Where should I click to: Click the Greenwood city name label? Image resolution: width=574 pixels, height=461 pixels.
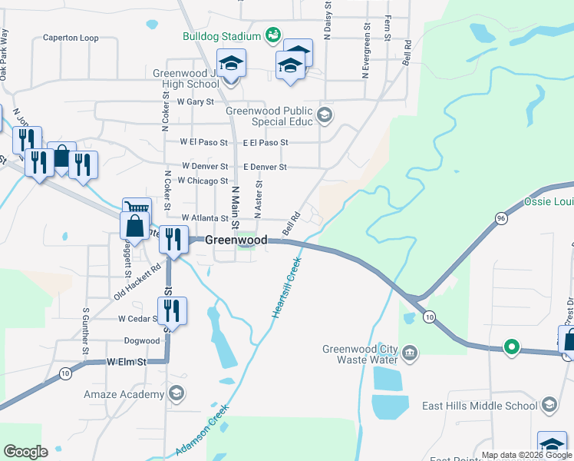click(x=236, y=240)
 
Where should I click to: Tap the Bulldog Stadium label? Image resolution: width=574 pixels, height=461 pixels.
click(x=221, y=36)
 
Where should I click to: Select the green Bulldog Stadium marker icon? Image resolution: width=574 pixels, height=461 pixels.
click(x=272, y=35)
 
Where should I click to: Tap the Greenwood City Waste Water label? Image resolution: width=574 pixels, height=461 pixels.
click(x=360, y=353)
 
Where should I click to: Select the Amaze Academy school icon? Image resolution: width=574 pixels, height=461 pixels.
click(x=177, y=394)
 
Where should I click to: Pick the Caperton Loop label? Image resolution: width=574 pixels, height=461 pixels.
click(x=71, y=37)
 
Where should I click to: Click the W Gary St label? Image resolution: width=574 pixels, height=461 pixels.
click(x=195, y=101)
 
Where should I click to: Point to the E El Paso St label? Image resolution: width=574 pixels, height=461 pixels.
click(x=265, y=142)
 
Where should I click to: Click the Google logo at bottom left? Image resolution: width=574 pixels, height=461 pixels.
click(x=25, y=452)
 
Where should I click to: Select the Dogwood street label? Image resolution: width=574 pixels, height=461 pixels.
click(x=141, y=340)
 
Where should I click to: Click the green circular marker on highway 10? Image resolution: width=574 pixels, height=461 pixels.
click(x=512, y=347)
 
